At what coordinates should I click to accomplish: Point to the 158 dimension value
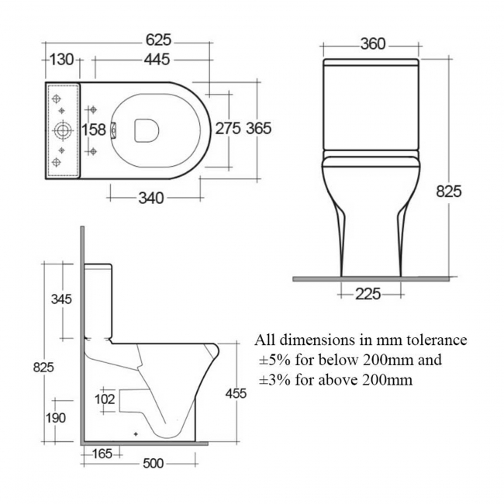[94, 129]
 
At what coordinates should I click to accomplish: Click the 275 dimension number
[227, 129]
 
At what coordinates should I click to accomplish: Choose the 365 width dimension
[258, 129]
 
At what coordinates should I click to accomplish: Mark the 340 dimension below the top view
[150, 198]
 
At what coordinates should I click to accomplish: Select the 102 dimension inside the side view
[105, 399]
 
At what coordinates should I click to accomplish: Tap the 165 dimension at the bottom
[101, 453]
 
